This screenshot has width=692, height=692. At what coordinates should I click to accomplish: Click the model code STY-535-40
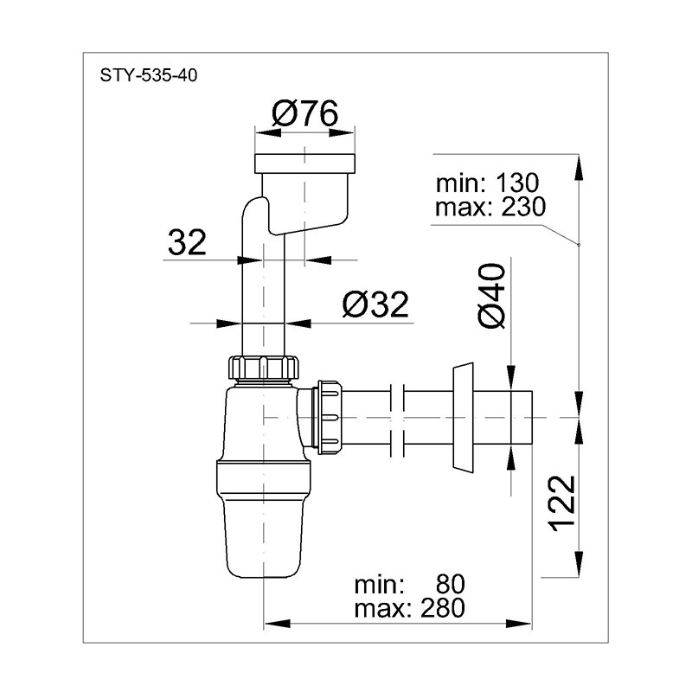tap(148, 75)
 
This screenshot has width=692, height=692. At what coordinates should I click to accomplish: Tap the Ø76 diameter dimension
tap(305, 113)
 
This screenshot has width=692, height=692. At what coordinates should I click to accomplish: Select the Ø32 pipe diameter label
tap(375, 304)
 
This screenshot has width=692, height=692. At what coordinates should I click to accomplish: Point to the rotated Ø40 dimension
tap(490, 296)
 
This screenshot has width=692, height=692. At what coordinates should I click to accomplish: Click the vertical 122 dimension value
tap(562, 503)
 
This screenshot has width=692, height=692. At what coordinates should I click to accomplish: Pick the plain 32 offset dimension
tap(187, 242)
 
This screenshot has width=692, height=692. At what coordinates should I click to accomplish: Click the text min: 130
tap(487, 183)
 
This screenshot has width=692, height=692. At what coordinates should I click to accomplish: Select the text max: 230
tap(490, 207)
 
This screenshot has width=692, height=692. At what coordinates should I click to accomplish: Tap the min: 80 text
tap(409, 585)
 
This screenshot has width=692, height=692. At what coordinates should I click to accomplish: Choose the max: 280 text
tap(409, 608)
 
